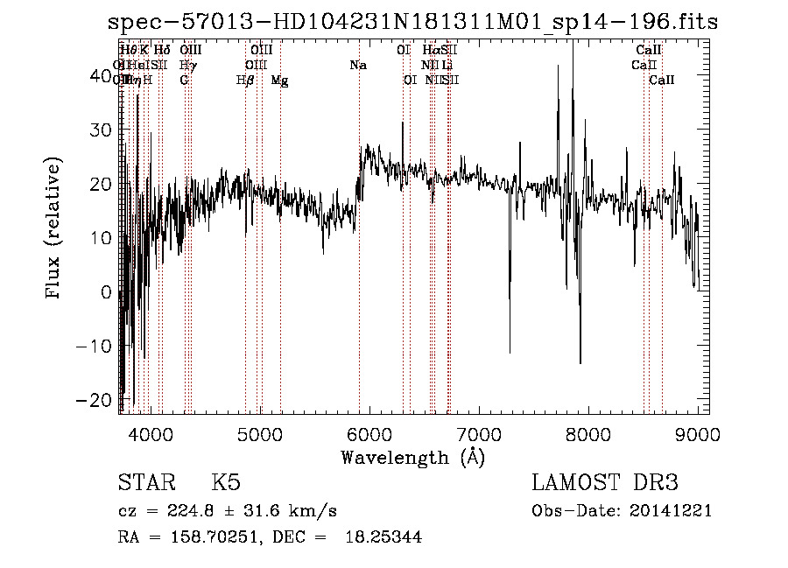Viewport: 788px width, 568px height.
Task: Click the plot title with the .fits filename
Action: (396, 23)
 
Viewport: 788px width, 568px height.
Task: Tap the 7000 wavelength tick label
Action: (479, 433)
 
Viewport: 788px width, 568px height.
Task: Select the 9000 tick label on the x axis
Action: (698, 433)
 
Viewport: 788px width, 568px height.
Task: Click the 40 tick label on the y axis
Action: (102, 76)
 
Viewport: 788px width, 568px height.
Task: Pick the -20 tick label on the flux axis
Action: (96, 399)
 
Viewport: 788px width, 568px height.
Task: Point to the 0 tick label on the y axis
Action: (107, 291)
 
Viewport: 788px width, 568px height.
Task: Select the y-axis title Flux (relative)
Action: (54, 229)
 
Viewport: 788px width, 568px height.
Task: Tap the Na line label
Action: (357, 65)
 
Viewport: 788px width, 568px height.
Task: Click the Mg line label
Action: (279, 81)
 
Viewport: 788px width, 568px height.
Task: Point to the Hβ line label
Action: (245, 81)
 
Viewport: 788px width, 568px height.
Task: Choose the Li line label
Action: (447, 65)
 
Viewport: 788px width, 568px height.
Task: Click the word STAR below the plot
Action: (145, 483)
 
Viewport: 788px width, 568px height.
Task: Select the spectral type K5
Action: (226, 483)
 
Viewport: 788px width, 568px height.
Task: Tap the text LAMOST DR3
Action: (605, 483)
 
